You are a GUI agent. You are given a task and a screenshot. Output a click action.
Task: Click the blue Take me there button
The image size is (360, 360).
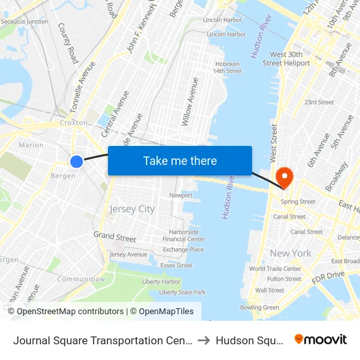click(x=180, y=160)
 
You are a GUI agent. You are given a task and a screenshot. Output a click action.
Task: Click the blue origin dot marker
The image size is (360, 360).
click(x=77, y=161)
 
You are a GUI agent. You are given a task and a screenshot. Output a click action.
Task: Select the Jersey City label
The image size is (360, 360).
click(x=132, y=209)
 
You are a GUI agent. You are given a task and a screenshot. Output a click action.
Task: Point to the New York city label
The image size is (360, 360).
click(x=290, y=253)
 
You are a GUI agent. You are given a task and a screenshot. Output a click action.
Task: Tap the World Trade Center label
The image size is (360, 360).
click(x=275, y=268)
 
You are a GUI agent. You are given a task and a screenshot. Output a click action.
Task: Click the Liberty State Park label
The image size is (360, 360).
click(x=182, y=292)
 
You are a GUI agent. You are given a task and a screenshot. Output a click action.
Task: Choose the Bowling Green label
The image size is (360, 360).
click(x=259, y=307)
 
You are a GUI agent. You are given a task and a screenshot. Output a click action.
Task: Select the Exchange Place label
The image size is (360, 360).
click(x=183, y=249)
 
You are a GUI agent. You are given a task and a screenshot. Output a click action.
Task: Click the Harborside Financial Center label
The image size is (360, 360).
click(x=183, y=235)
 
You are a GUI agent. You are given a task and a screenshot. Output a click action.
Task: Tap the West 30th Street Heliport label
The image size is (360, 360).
click(x=286, y=58)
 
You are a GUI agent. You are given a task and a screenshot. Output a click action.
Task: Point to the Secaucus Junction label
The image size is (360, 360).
click(x=24, y=22)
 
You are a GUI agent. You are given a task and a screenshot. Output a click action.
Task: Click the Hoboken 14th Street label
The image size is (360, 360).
click(x=227, y=67)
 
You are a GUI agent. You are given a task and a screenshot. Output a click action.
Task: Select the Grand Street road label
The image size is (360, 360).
click(x=115, y=236)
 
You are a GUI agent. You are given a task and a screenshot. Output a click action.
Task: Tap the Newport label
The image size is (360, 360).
click(x=181, y=195)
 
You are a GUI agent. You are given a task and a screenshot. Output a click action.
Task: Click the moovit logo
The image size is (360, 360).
click(x=320, y=339)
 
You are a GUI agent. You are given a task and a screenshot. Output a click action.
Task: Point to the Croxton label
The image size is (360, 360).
click(x=73, y=122)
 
